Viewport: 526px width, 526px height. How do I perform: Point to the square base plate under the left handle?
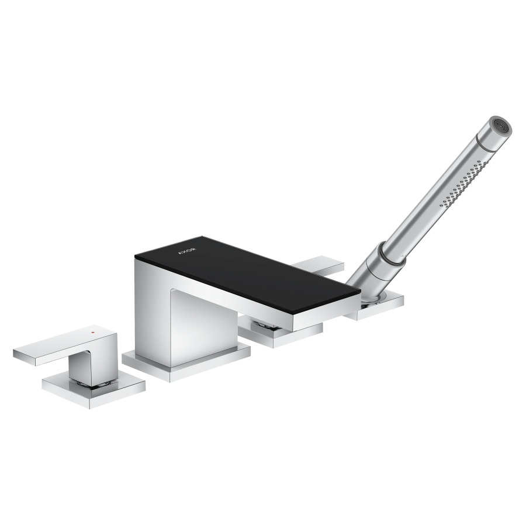pos(94,391)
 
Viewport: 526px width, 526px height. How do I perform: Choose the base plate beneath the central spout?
pos(186,364)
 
